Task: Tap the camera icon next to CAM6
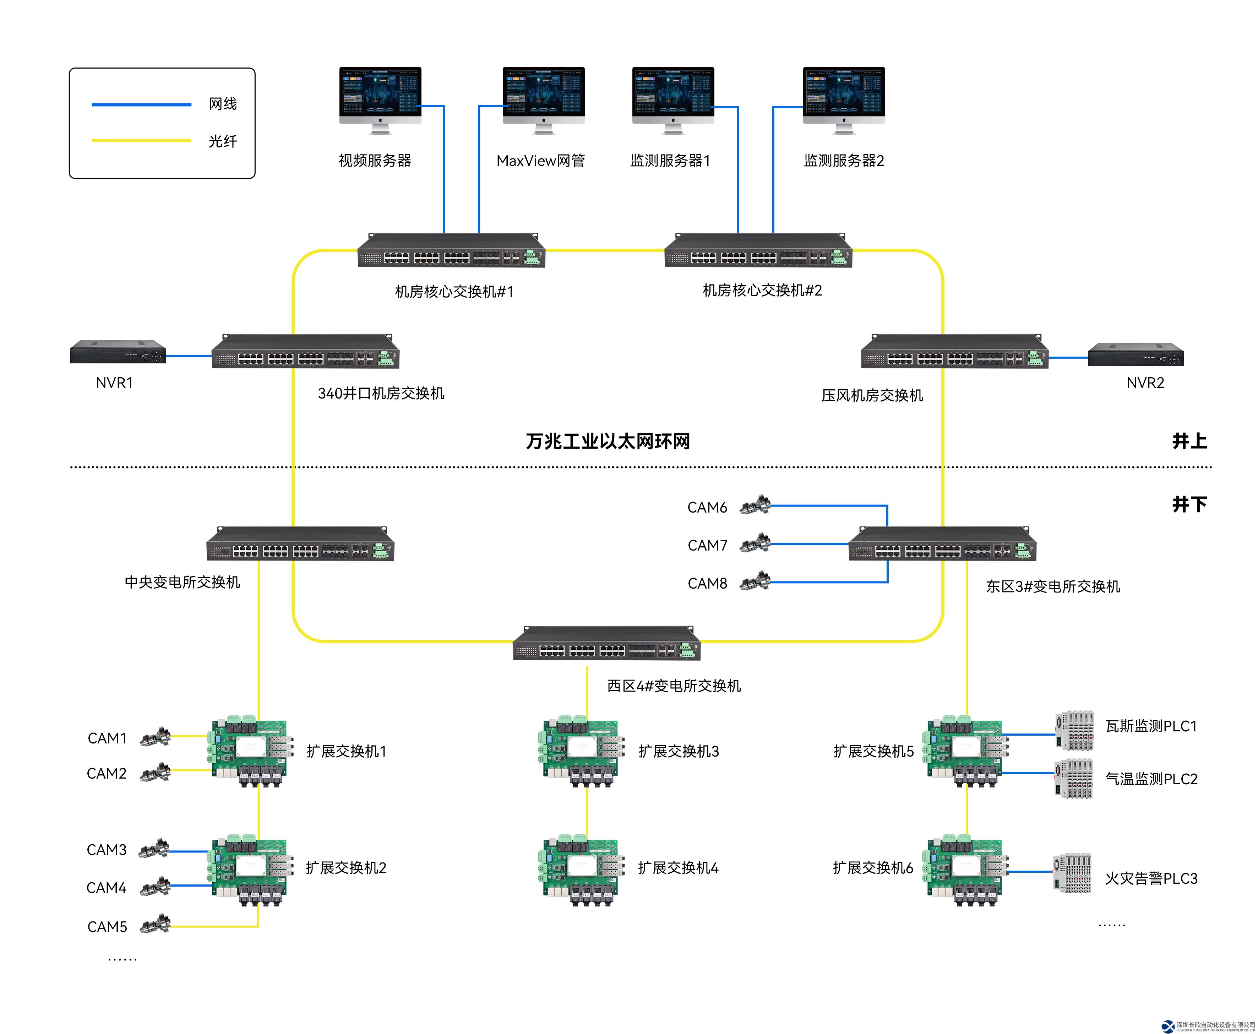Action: click(755, 506)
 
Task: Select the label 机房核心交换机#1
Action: click(454, 291)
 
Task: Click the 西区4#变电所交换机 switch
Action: click(607, 644)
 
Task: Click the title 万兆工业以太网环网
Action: click(607, 442)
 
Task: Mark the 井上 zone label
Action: click(1189, 442)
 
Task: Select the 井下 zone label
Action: click(1189, 504)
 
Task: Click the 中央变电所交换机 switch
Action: click(300, 545)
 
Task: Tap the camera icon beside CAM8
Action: click(755, 581)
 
